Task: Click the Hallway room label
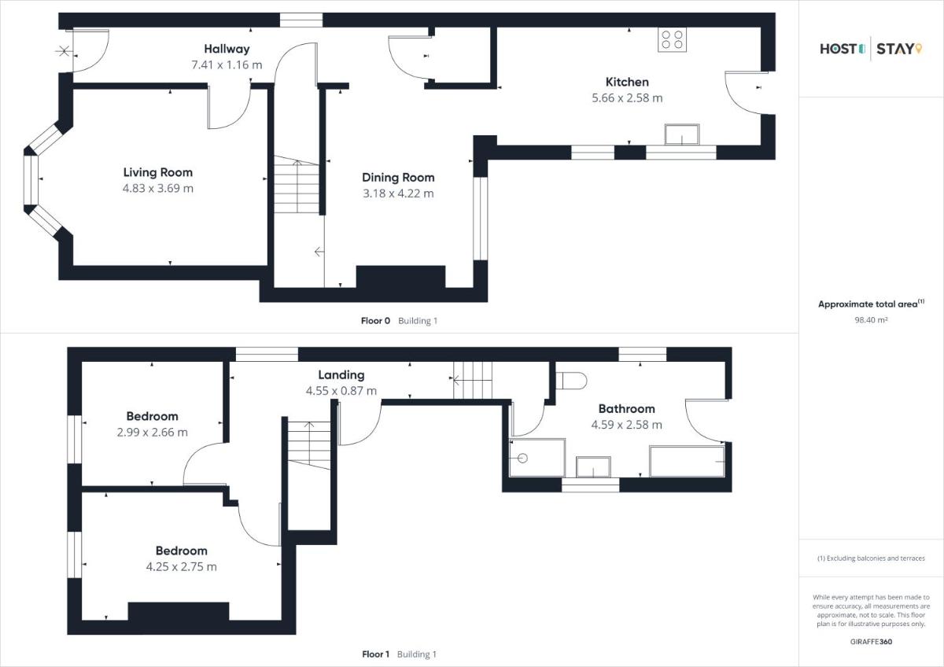pos(227,49)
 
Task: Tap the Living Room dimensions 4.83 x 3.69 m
pos(158,188)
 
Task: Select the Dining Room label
pos(398,178)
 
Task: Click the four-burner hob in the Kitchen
pos(672,39)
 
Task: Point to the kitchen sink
pos(682,135)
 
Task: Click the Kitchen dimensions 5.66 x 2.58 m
pos(627,98)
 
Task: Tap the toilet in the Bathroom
pos(571,381)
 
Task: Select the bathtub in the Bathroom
pos(687,461)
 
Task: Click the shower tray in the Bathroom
pos(537,458)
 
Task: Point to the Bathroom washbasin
pos(593,467)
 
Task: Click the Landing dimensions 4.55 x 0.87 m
pos(341,391)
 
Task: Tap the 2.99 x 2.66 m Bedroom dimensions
pos(152,433)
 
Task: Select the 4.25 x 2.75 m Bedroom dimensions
pos(181,567)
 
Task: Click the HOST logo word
pos(843,49)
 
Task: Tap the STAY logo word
pos(899,49)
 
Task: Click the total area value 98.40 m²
pos(871,320)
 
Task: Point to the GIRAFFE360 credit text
pos(871,642)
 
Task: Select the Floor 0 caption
pos(375,321)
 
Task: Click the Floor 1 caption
pos(376,654)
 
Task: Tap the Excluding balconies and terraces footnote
pos(871,558)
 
